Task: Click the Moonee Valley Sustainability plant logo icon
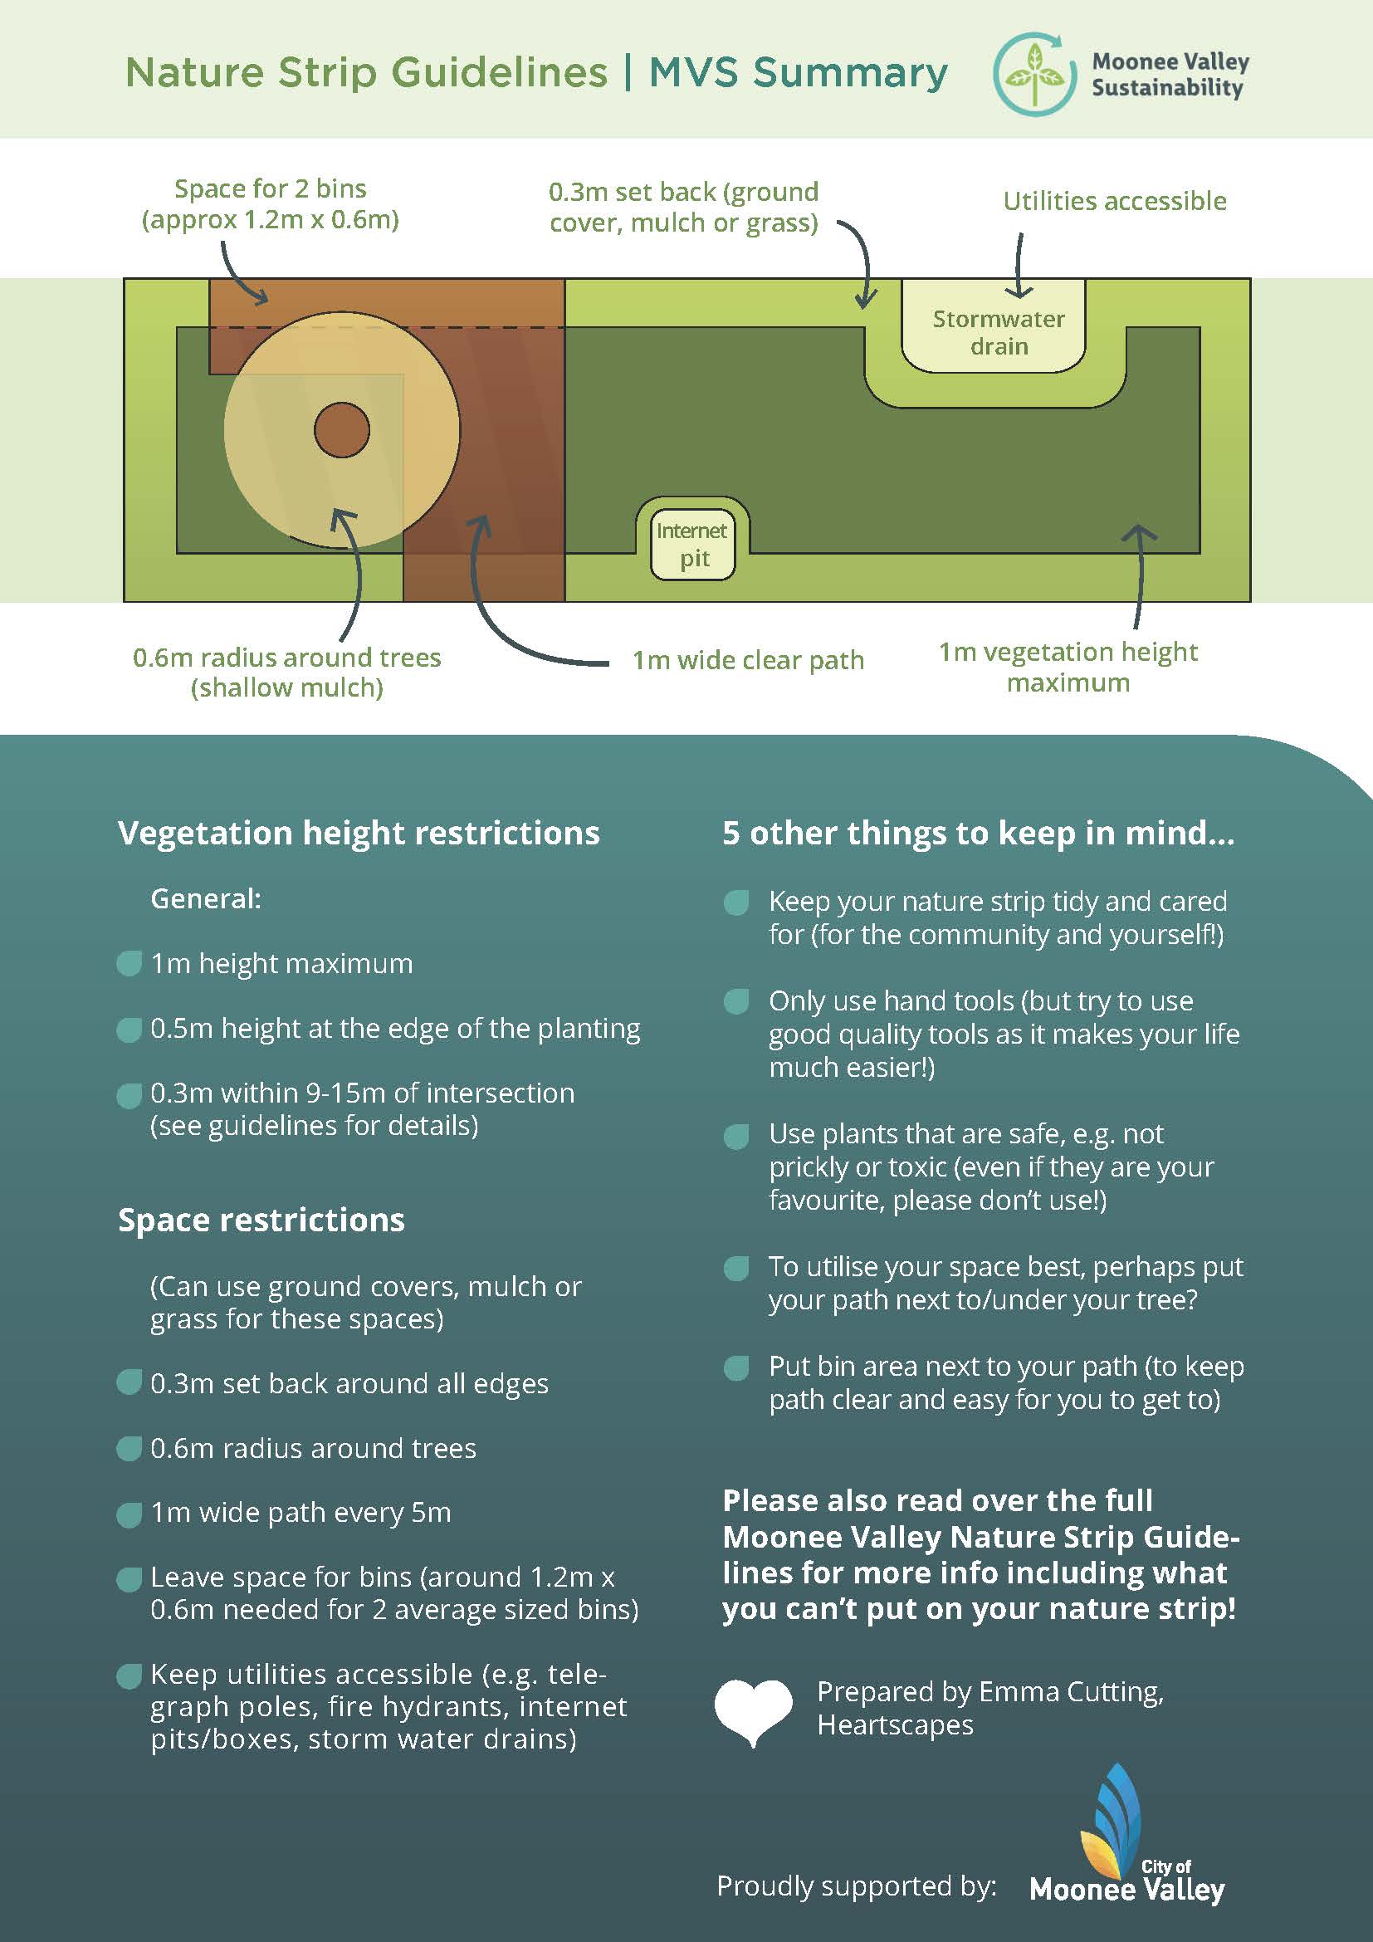[1034, 74]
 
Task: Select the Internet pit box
[692, 544]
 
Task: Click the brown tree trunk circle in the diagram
[341, 431]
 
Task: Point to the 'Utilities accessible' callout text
[1114, 201]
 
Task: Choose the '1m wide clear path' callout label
[748, 660]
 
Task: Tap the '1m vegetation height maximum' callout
[1068, 667]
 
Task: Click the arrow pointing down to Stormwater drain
[1019, 266]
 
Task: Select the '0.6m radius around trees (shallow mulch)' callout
[287, 673]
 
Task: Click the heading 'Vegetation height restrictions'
[359, 833]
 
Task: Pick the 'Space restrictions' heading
[261, 1220]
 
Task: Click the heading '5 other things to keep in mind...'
[978, 833]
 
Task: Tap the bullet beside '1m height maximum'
[129, 963]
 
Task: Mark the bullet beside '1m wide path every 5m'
[129, 1515]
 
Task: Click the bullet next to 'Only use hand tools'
[736, 1001]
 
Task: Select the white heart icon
[753, 1712]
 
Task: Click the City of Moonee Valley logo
[1127, 1837]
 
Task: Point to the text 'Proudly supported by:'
[857, 1886]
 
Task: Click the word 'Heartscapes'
[896, 1725]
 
